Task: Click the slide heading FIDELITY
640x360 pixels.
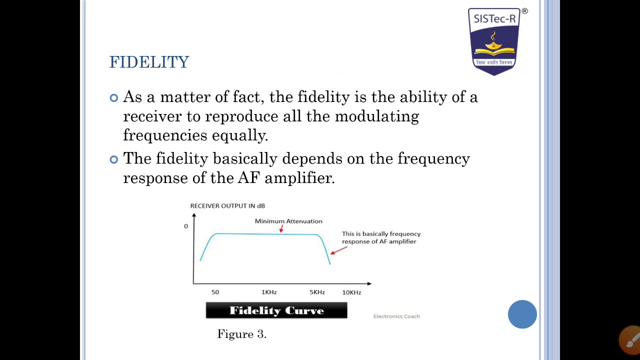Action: click(x=149, y=62)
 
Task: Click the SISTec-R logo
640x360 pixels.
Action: click(x=494, y=41)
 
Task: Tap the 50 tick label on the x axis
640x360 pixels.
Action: click(x=215, y=292)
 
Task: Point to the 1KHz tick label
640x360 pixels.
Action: click(x=269, y=292)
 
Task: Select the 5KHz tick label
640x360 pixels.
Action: click(x=317, y=292)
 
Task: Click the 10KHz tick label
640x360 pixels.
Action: click(x=351, y=292)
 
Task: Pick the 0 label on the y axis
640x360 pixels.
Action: click(x=186, y=226)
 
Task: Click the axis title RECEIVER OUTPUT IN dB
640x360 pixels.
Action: click(x=227, y=206)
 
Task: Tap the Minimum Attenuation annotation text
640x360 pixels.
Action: click(x=288, y=221)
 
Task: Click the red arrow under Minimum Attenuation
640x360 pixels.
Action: click(x=281, y=228)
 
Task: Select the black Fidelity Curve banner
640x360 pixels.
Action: click(x=276, y=310)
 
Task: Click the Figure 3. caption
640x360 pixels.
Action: click(x=242, y=334)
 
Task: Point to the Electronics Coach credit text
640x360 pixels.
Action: click(x=396, y=316)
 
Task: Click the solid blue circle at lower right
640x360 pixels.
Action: click(x=522, y=314)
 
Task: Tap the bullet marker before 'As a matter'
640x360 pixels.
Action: click(x=114, y=98)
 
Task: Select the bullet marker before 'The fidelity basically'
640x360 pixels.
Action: click(x=114, y=159)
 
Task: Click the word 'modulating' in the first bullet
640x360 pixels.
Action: click(x=376, y=116)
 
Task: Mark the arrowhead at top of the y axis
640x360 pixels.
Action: click(x=194, y=215)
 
